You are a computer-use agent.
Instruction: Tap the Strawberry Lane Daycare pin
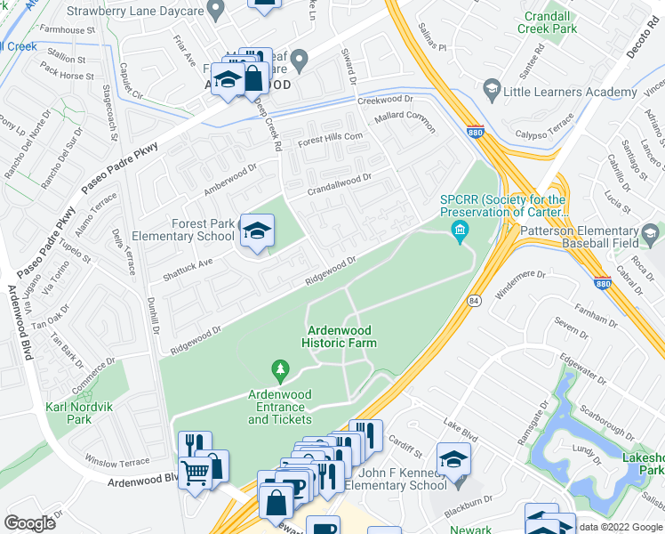(214, 9)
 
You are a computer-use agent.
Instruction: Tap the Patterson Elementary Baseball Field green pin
(651, 235)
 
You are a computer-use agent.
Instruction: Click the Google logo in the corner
(31, 522)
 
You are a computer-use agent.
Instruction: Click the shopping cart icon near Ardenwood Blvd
(196, 472)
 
